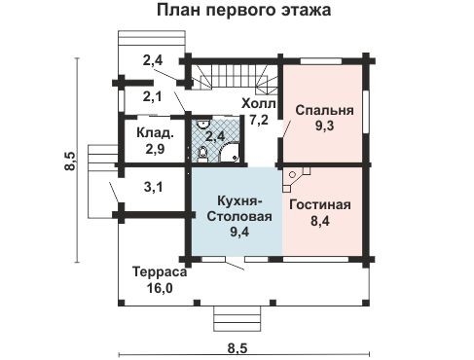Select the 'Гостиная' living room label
(x=318, y=205)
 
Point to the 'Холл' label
(x=259, y=103)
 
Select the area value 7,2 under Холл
(x=259, y=120)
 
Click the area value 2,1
(x=153, y=96)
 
